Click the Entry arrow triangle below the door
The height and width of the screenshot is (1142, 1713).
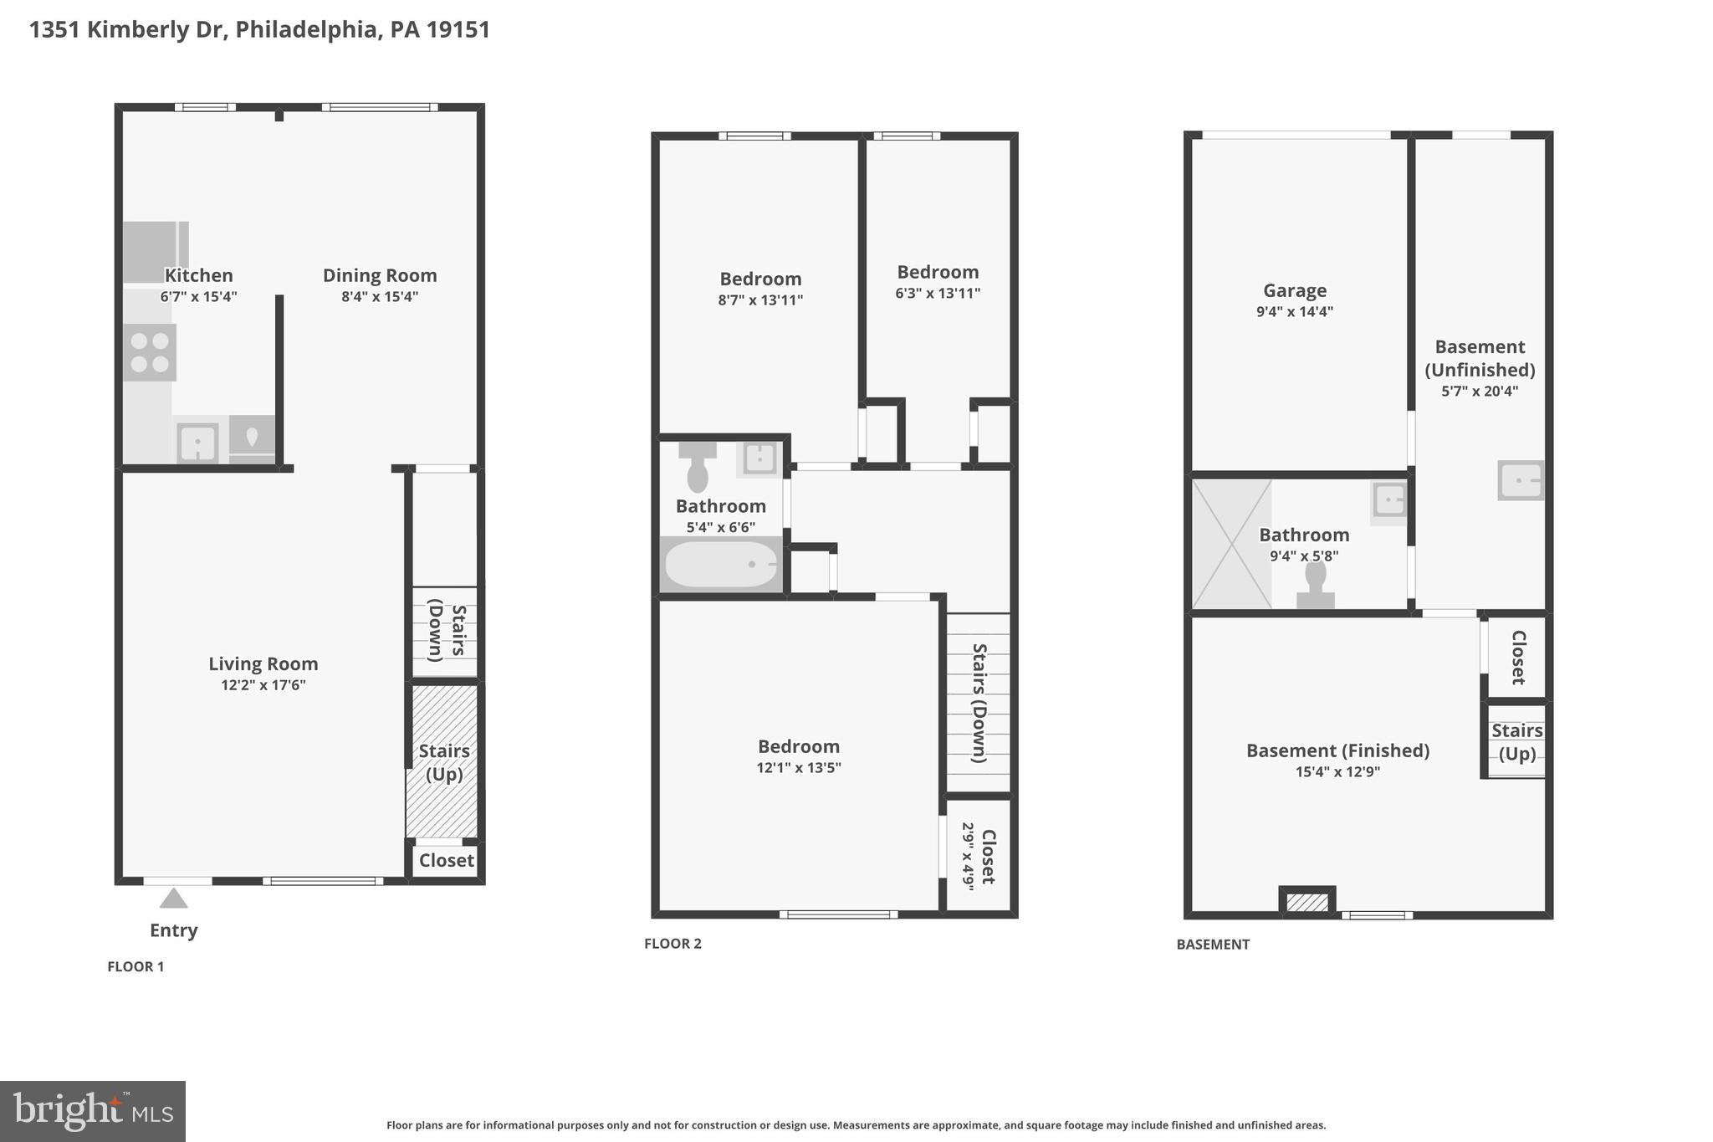(x=173, y=899)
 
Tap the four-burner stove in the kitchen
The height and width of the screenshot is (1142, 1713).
(x=150, y=352)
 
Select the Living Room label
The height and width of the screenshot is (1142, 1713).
(x=263, y=663)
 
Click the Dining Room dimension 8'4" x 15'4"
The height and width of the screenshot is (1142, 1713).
(x=379, y=296)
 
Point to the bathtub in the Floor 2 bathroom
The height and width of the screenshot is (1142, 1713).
(x=721, y=565)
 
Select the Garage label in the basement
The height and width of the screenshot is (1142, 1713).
(x=1294, y=290)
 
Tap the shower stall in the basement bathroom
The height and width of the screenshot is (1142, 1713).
(x=1231, y=544)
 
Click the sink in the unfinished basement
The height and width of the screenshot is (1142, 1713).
(x=1520, y=481)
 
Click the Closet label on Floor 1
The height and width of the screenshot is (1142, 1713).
(x=446, y=860)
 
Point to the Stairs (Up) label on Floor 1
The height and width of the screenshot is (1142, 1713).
(x=444, y=762)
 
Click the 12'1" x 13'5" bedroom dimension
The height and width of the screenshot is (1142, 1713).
(x=798, y=767)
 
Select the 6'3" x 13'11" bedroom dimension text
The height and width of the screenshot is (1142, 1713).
(x=937, y=293)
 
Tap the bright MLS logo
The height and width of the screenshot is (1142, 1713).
(x=92, y=1111)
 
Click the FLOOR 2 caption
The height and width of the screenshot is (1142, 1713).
(x=672, y=944)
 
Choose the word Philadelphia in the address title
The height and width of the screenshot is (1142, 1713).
(x=306, y=29)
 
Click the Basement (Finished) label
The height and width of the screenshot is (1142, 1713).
(x=1337, y=750)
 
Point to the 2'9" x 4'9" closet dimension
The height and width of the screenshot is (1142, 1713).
(x=968, y=857)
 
